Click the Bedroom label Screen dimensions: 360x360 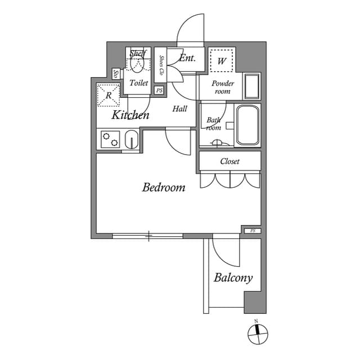point(164,187)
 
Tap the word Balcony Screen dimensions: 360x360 point(233,278)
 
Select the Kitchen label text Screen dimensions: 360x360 point(130,116)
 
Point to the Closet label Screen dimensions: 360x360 point(229,161)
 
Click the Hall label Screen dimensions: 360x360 point(180,109)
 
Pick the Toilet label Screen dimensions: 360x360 point(139,83)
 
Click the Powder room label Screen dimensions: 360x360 point(223,87)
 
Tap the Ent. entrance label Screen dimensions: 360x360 point(187,58)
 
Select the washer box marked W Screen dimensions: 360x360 point(222,60)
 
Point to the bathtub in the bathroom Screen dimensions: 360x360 point(247,125)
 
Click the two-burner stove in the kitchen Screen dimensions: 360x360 point(110,139)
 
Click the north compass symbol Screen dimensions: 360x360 point(258,334)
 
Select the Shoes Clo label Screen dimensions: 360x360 point(161,65)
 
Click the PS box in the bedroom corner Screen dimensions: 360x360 point(252,231)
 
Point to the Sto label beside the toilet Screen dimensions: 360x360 point(115,74)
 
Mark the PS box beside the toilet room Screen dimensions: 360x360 point(159,91)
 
